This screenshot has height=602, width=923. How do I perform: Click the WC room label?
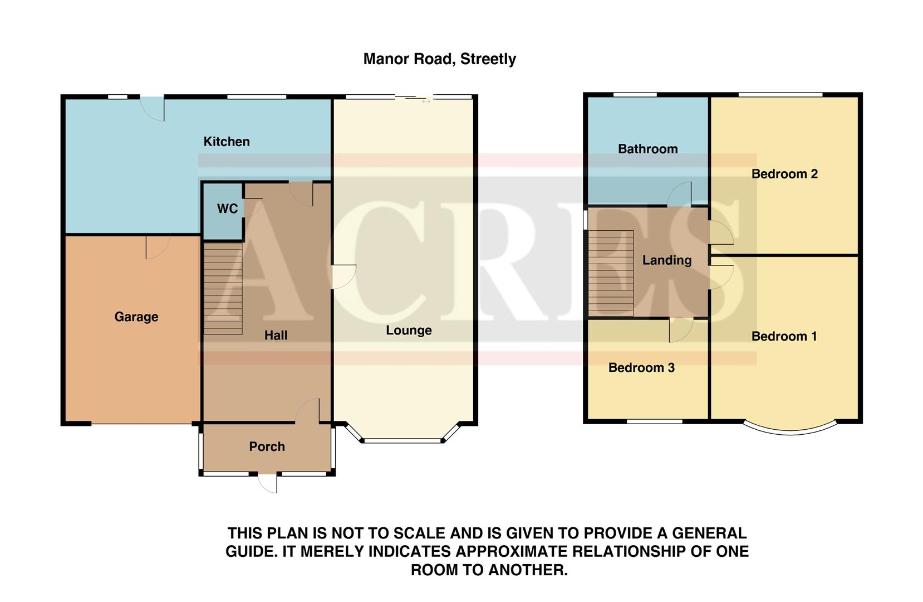(x=227, y=208)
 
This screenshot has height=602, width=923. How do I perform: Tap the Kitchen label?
(x=227, y=142)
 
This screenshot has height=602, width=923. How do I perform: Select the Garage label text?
(x=136, y=317)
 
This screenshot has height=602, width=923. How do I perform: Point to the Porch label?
(x=267, y=446)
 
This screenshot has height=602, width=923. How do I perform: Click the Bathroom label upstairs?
(x=647, y=149)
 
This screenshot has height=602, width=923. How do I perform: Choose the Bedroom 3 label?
(x=641, y=367)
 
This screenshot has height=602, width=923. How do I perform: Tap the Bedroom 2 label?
(x=784, y=174)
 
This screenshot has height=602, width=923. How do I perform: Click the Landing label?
(x=667, y=260)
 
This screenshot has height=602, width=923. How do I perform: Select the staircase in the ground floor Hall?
(x=223, y=288)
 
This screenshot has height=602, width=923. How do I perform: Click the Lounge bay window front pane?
(x=403, y=441)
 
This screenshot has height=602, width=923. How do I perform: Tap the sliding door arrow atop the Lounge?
(x=426, y=101)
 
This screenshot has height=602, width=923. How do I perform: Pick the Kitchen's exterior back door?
(x=153, y=108)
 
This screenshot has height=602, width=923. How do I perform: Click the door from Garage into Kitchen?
(x=157, y=247)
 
